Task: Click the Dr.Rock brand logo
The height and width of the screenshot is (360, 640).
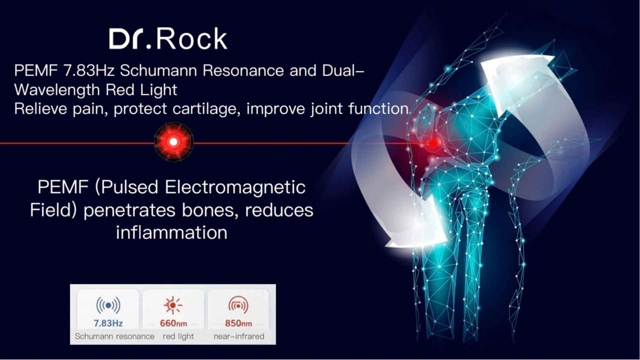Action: coord(168,38)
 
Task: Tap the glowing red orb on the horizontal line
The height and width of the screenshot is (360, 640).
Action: coord(174,142)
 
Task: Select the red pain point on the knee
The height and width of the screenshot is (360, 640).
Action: coord(433,143)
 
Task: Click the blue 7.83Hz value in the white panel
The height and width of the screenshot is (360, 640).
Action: coord(108,323)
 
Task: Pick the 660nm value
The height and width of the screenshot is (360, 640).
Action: coord(173,323)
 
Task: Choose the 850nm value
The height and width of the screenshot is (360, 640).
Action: coord(239,323)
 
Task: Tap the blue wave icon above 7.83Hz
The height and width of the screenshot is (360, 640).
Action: coord(108,305)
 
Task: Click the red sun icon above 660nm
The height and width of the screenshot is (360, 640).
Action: coord(173,305)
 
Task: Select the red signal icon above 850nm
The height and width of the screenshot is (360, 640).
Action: coord(238,305)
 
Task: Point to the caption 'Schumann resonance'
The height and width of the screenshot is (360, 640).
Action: coord(115,336)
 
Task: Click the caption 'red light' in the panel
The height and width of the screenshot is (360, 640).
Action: coord(178,337)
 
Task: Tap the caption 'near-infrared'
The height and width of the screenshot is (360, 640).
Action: coord(239,336)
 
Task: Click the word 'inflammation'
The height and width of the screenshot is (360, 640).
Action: coord(172,233)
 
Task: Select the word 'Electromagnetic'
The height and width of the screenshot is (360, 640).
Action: coord(235,187)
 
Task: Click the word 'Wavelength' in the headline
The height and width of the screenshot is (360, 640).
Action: coord(57,90)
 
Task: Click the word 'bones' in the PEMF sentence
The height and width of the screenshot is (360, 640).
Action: coord(208,211)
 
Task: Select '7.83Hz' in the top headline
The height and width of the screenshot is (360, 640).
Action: coord(89,70)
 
